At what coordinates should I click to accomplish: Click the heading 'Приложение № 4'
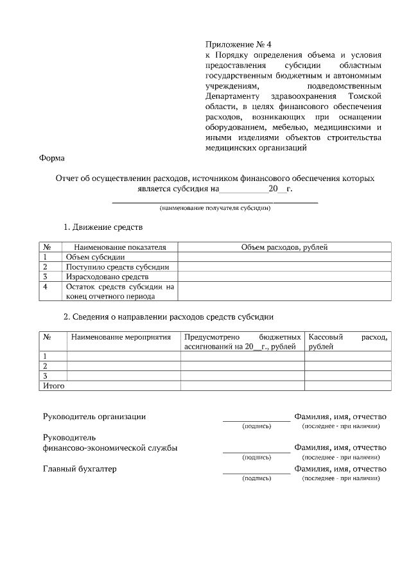238,44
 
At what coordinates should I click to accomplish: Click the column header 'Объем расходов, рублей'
284,247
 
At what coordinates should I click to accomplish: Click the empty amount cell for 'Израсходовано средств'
284,276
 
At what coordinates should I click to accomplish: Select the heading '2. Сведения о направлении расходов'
168,317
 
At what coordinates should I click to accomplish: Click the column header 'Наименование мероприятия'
121,336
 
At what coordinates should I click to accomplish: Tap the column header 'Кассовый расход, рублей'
347,341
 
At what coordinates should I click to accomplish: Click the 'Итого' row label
53,386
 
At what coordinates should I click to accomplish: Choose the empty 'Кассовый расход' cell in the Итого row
347,386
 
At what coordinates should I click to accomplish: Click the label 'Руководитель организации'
94,416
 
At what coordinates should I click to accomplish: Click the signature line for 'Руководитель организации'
256,420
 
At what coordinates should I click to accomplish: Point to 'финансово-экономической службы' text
110,447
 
